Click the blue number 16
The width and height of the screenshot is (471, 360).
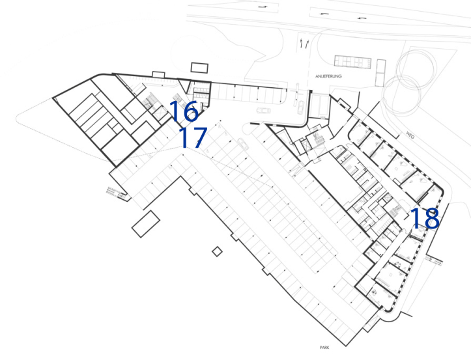click(x=184, y=111)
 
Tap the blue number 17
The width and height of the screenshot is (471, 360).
click(x=193, y=137)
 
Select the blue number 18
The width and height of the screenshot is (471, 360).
click(x=425, y=218)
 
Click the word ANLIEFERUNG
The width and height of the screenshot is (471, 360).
click(x=328, y=76)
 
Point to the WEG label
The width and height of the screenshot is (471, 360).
click(x=410, y=135)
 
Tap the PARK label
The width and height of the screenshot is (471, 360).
click(x=324, y=348)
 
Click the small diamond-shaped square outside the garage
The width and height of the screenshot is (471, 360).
click(x=217, y=252)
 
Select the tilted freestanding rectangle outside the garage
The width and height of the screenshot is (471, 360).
click(x=146, y=224)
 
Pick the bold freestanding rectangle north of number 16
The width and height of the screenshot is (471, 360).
click(x=199, y=68)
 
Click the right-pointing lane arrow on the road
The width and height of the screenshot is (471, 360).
click(x=263, y=7)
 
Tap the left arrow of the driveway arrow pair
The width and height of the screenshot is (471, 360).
click(x=301, y=44)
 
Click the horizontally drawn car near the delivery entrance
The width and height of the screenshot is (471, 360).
click(x=263, y=111)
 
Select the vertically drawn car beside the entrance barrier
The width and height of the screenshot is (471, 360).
click(x=301, y=107)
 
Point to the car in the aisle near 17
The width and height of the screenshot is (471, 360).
click(x=243, y=144)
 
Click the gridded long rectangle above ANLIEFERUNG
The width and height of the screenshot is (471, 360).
click(x=352, y=62)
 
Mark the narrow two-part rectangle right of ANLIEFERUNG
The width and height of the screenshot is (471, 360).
click(x=381, y=73)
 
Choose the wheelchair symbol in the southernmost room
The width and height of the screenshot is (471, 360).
click(x=374, y=291)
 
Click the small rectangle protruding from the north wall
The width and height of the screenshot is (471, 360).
click(x=158, y=74)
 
